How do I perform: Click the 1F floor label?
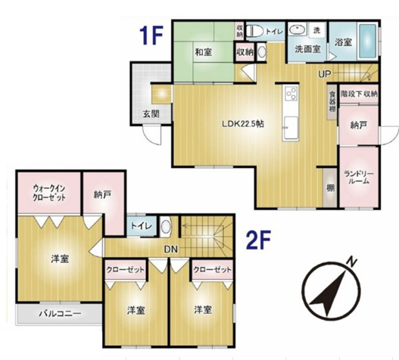point(151,36)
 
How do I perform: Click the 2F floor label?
point(258,240)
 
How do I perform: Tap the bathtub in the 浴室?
point(368,42)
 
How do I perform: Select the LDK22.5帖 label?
point(243,124)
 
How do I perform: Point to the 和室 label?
point(204,52)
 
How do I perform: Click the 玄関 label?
point(151,114)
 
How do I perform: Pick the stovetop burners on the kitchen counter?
point(291,94)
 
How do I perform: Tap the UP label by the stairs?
point(325,74)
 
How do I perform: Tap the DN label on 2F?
point(171,250)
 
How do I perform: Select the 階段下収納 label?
point(359,94)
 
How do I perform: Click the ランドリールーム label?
point(359,178)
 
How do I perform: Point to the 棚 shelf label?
point(330,188)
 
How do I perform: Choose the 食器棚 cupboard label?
point(332,102)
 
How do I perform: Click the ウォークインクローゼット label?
point(49,193)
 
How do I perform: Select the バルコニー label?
point(60,313)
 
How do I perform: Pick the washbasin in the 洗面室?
point(298,29)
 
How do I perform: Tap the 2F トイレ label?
point(142,226)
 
